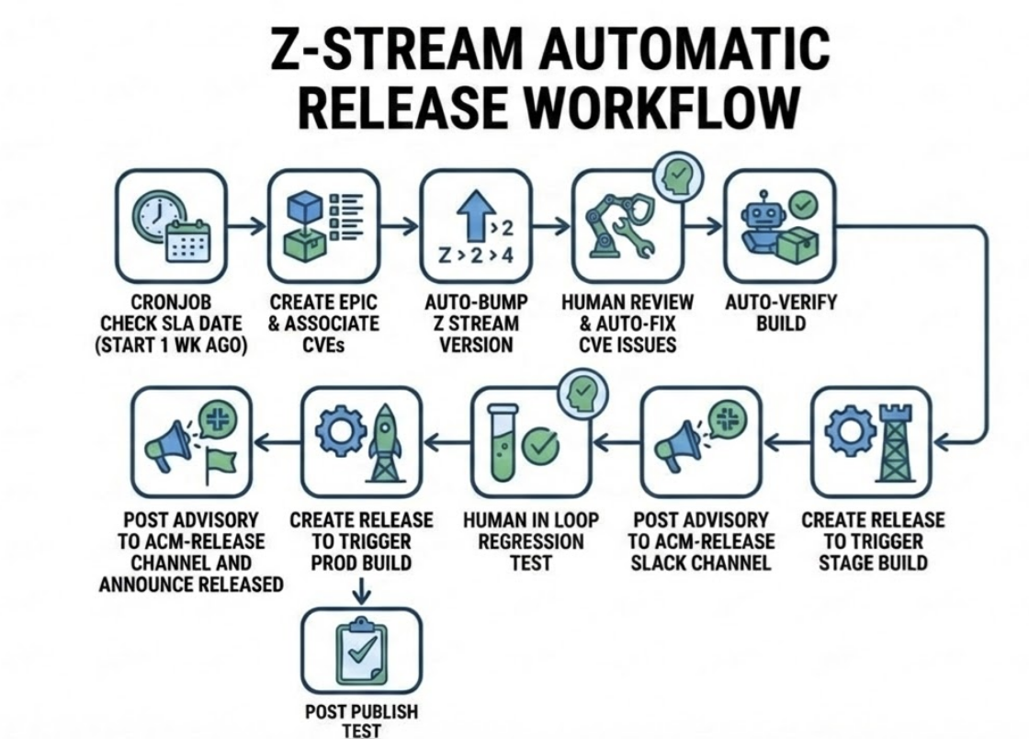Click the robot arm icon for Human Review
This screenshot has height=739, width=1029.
point(628,227)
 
